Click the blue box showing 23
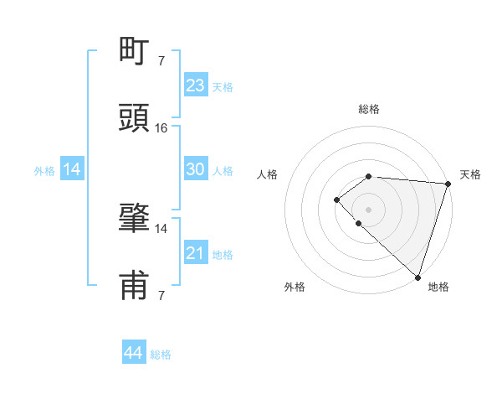[196, 85]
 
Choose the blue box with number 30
[196, 169]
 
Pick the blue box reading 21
[196, 252]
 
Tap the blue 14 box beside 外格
[72, 169]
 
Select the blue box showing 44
[134, 353]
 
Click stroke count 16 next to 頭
[161, 128]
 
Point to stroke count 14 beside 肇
[161, 228]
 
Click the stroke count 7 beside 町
[161, 60]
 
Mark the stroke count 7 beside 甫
[161, 295]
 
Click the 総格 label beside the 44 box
[161, 355]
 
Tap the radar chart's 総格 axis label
[369, 109]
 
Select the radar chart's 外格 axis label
[295, 287]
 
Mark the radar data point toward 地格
[417, 277]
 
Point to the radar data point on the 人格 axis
[336, 200]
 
